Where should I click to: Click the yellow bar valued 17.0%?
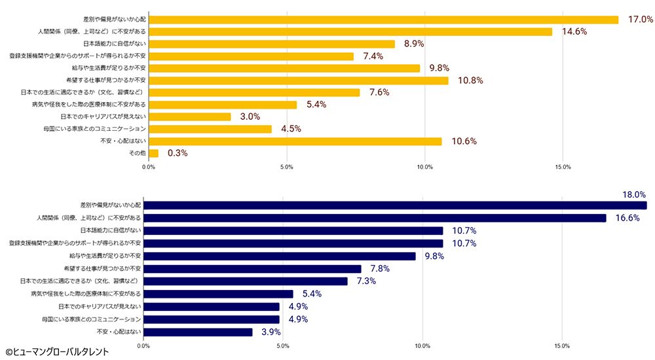click(x=383, y=20)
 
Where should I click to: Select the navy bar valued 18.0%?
click(x=395, y=206)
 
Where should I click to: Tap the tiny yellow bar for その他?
click(x=153, y=153)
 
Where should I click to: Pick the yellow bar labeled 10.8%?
click(x=299, y=81)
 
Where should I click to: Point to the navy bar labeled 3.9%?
click(x=198, y=333)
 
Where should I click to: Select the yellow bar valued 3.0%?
click(x=190, y=117)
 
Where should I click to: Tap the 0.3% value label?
click(x=178, y=153)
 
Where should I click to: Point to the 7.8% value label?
click(x=381, y=268)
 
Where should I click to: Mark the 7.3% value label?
click(x=367, y=281)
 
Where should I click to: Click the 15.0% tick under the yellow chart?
click(x=563, y=168)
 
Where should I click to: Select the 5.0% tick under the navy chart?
click(x=283, y=346)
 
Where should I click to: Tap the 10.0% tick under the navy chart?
click(x=422, y=346)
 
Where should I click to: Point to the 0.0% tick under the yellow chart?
click(x=149, y=168)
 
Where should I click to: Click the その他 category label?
click(x=137, y=153)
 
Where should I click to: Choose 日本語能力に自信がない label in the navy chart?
click(x=110, y=230)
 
